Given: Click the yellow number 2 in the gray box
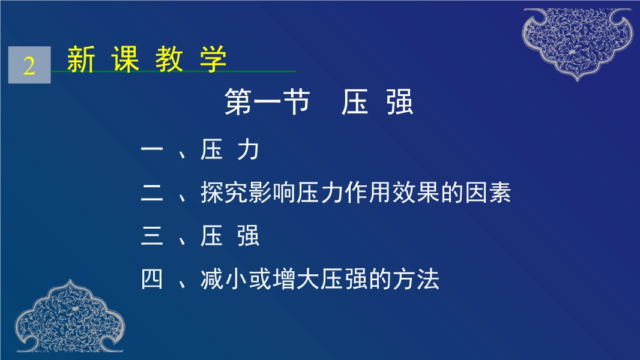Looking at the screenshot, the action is click(x=29, y=65).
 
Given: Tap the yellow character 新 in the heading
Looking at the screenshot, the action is click(x=81, y=59).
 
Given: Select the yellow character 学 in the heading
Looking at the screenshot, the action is click(x=213, y=59).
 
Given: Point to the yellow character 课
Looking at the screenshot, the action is click(x=125, y=59).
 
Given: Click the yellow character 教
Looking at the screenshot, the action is click(x=169, y=59).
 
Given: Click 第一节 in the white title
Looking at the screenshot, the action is click(x=267, y=102).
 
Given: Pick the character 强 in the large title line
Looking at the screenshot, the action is click(x=400, y=102).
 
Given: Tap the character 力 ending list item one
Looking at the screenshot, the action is click(x=248, y=149).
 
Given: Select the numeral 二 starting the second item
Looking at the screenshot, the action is click(x=152, y=193).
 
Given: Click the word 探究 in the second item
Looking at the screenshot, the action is click(x=225, y=193).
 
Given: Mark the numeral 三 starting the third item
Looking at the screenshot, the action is click(x=152, y=236).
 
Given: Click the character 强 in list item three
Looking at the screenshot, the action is click(x=248, y=236).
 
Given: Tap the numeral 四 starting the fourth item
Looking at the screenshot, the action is click(x=152, y=279).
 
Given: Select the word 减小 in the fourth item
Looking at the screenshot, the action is click(x=225, y=279).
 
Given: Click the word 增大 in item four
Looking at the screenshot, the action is click(x=296, y=279).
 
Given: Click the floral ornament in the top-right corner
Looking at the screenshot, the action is click(x=578, y=43).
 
